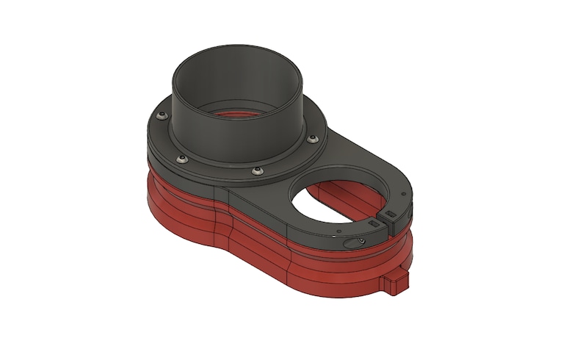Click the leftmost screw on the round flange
tap(159, 113)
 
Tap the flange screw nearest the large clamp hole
tap(314, 138)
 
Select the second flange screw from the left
tap(181, 157)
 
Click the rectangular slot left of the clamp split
tap(374, 220)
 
